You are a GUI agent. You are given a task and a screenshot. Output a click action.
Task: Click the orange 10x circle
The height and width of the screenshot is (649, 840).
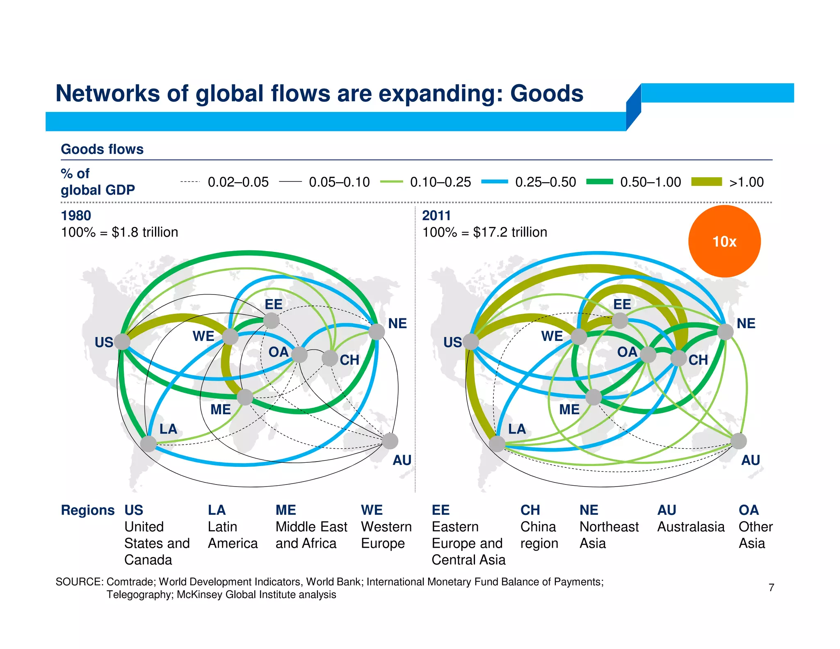[724, 241]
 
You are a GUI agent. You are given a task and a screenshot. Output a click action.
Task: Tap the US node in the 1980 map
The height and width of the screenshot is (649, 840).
[122, 341]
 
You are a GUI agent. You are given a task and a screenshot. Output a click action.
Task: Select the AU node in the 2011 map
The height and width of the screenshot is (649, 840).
[738, 441]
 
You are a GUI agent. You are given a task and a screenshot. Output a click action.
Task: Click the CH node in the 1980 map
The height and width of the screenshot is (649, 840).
[330, 358]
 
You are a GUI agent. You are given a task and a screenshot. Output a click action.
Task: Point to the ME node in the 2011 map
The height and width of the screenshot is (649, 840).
[593, 397]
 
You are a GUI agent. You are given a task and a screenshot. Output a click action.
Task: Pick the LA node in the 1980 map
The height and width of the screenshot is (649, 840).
[148, 443]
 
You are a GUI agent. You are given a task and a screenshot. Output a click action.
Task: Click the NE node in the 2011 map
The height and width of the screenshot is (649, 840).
[725, 331]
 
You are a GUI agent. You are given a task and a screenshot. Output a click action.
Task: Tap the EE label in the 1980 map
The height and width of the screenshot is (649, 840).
[274, 304]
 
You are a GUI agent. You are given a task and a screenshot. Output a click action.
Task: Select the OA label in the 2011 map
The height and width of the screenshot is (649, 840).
[627, 352]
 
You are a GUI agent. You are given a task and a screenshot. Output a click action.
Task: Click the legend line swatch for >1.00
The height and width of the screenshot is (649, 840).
[706, 182]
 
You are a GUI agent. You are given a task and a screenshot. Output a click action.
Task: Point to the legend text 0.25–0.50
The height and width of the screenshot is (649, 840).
[546, 182]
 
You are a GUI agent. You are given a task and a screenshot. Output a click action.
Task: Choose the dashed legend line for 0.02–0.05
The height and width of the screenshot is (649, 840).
[190, 182]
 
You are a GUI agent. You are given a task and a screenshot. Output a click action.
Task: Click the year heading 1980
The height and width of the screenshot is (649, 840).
[76, 215]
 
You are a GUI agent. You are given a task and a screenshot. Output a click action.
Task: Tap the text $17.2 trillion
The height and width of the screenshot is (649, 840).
[510, 232]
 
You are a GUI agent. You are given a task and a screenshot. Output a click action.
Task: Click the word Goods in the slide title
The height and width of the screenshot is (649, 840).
[547, 94]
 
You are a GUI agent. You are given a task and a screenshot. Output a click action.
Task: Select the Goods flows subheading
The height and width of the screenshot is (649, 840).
[102, 149]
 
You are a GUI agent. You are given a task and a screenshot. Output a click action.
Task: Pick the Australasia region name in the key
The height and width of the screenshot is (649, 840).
[691, 527]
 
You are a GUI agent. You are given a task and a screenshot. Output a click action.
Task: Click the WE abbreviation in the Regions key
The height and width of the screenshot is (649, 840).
[372, 510]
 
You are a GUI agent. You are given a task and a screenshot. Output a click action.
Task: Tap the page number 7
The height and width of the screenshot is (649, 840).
[771, 587]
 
